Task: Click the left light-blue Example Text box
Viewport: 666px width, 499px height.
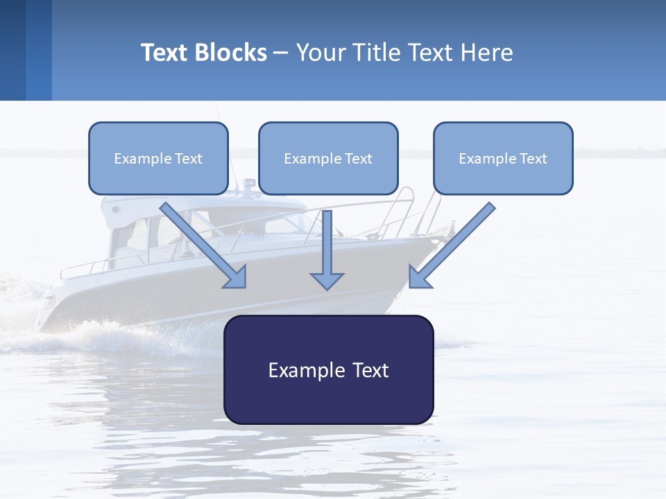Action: pos(158,158)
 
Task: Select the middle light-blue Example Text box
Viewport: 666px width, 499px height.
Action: pos(328,158)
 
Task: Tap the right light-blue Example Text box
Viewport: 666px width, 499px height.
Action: pos(503,158)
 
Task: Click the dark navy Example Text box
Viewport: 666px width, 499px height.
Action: pos(328,369)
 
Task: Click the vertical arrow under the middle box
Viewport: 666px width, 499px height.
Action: pos(327,249)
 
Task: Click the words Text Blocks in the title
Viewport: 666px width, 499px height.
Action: pos(204,53)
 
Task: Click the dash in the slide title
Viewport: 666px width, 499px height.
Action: pos(281,53)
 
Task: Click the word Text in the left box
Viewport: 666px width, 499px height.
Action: pos(189,159)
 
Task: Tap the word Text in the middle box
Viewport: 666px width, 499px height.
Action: pos(359,159)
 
